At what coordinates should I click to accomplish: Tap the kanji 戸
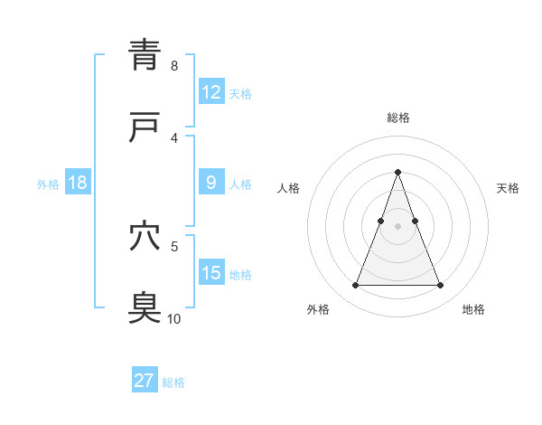pyautogui.click(x=145, y=127)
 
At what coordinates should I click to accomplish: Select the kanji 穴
pyautogui.click(x=145, y=236)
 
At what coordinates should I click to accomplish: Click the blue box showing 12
pyautogui.click(x=210, y=92)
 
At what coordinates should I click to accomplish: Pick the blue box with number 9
pyautogui.click(x=210, y=183)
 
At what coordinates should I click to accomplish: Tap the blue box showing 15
pyautogui.click(x=210, y=273)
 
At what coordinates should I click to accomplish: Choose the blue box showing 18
pyautogui.click(x=77, y=183)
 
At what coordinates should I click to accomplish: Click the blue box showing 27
pyautogui.click(x=145, y=381)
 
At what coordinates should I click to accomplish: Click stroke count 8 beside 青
pyautogui.click(x=174, y=65)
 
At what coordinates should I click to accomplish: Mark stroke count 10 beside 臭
pyautogui.click(x=173, y=318)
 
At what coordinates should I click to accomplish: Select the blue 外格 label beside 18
pyautogui.click(x=48, y=184)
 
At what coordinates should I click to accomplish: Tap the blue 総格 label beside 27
pyautogui.click(x=173, y=382)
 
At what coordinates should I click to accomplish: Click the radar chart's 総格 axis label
pyautogui.click(x=397, y=118)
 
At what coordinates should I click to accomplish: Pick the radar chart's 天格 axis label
pyautogui.click(x=508, y=188)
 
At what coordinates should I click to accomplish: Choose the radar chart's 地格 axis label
pyautogui.click(x=473, y=309)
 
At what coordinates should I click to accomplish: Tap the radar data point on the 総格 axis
pyautogui.click(x=397, y=171)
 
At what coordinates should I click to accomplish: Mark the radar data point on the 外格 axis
pyautogui.click(x=355, y=286)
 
